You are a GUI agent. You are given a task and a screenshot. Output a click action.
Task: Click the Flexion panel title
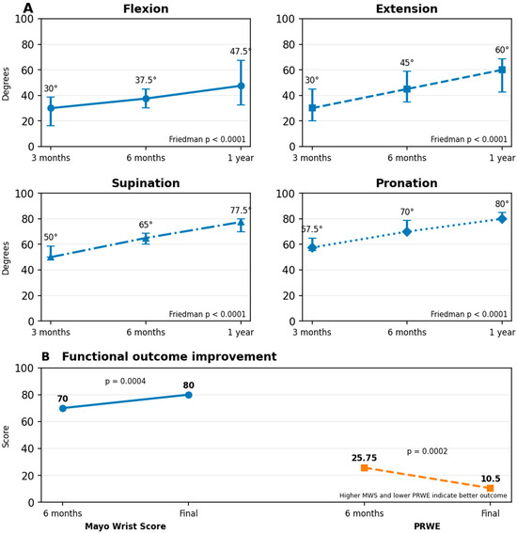[146, 8]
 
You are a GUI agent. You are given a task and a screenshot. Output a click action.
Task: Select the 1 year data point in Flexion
[241, 86]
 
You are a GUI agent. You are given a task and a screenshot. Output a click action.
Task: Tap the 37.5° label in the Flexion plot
[146, 80]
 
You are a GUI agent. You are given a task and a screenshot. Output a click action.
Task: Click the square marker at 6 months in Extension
[406, 89]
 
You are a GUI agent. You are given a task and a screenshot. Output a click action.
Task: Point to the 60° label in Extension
[502, 50]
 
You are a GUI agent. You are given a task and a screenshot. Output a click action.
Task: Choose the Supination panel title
[146, 183]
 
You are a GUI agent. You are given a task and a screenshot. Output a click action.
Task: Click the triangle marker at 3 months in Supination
[51, 257]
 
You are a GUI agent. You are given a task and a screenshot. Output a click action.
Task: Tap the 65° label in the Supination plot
[146, 225]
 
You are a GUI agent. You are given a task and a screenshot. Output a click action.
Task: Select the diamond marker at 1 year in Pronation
[502, 219]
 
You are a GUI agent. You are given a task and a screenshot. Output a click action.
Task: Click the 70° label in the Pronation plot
[406, 212]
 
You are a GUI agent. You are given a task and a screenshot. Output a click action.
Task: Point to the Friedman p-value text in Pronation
[469, 314]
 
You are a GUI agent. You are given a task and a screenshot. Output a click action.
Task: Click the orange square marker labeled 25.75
[364, 468]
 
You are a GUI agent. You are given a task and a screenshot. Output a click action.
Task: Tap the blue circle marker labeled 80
[189, 395]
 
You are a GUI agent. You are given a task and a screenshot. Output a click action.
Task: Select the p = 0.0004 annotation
[125, 382]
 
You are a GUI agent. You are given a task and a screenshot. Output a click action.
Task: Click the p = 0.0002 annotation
[427, 451]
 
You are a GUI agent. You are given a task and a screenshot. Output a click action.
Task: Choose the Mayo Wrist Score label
[125, 526]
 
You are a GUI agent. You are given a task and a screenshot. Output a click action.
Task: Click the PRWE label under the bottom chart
[427, 526]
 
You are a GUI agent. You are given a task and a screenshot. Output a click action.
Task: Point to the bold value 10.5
[491, 478]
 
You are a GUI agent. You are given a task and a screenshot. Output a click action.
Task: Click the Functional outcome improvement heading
[169, 356]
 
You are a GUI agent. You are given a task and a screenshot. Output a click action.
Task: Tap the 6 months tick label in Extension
[406, 158]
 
